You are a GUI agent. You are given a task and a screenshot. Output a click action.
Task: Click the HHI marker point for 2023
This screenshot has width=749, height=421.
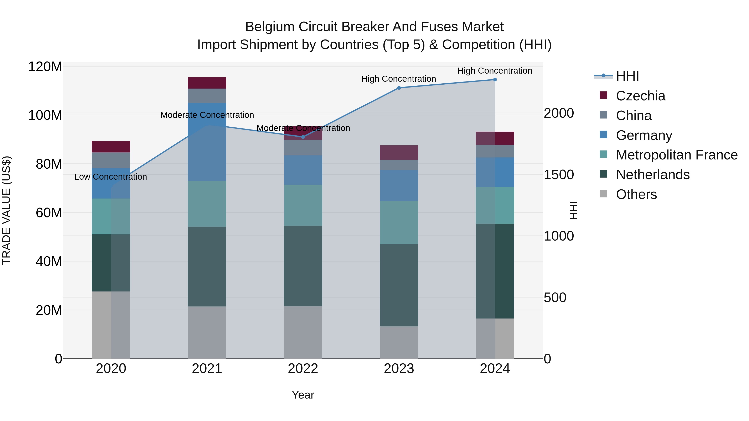tap(399, 88)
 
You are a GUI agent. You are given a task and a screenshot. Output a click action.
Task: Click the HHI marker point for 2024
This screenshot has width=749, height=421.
tap(495, 80)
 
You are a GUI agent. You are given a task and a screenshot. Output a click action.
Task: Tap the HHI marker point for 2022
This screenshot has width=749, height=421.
tap(303, 137)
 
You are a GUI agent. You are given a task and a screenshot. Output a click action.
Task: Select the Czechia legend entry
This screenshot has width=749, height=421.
tap(640, 96)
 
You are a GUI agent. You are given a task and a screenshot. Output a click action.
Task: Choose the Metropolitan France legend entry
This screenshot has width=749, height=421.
tap(676, 155)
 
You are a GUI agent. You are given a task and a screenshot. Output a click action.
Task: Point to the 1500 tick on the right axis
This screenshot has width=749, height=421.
tap(559, 175)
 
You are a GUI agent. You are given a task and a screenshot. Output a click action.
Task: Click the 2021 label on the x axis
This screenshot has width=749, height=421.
tap(207, 369)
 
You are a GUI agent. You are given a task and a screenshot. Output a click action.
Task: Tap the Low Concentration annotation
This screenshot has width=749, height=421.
tap(110, 177)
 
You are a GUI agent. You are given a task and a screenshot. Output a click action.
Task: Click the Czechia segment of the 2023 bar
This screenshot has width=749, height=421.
tap(399, 153)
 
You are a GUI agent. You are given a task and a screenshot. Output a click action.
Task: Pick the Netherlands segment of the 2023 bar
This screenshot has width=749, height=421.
tap(399, 285)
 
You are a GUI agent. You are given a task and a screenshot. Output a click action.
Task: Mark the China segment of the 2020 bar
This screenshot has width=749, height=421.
tap(111, 160)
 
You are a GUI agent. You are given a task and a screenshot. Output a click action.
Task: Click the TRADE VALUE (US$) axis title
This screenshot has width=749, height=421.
tap(6, 210)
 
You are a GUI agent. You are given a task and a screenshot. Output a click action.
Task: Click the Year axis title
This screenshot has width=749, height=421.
tap(303, 395)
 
